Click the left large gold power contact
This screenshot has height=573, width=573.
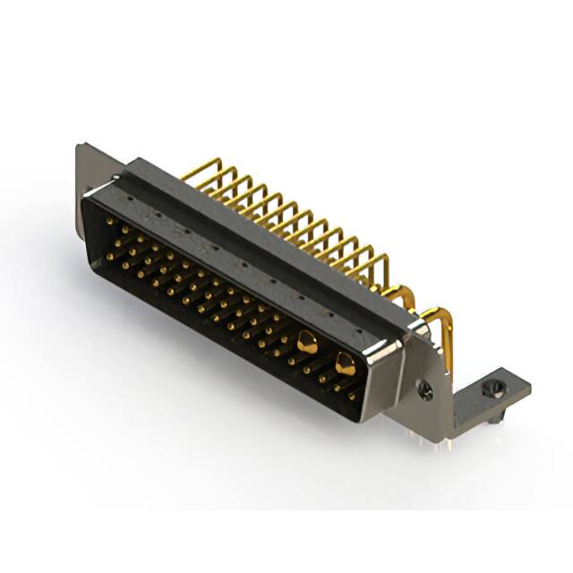point(307,340)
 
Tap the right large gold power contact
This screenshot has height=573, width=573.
point(344,363)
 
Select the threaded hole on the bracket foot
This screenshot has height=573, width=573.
point(489,389)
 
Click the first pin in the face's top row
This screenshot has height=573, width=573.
point(109,219)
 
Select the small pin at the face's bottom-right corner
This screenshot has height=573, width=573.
point(351,393)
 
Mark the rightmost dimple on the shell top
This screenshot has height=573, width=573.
point(358,330)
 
